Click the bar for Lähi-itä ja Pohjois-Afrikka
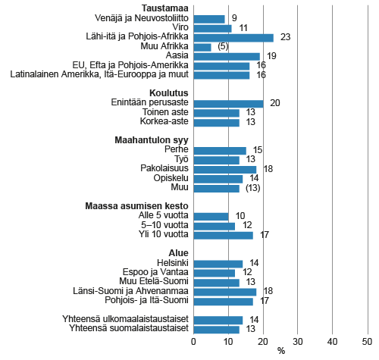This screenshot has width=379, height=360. tap(233, 37)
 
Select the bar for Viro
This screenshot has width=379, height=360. tap(212, 28)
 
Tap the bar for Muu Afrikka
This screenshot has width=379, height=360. tap(202, 47)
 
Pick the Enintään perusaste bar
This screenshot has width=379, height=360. tap(228, 103)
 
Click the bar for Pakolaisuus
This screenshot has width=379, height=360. tap(224, 169)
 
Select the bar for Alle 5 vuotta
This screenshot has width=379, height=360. tap(211, 216)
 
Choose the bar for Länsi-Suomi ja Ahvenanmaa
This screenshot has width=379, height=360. tap(224, 291)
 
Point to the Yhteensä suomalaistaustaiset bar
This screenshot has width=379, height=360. tap(216, 329)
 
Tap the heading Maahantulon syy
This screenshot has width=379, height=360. tap(147, 139)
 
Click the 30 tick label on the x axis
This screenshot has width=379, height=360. tap(298, 342)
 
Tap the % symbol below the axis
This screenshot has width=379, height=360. tap(280, 351)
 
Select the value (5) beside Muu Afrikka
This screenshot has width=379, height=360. tap(223, 47)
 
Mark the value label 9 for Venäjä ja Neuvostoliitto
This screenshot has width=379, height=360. tap(234, 18)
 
